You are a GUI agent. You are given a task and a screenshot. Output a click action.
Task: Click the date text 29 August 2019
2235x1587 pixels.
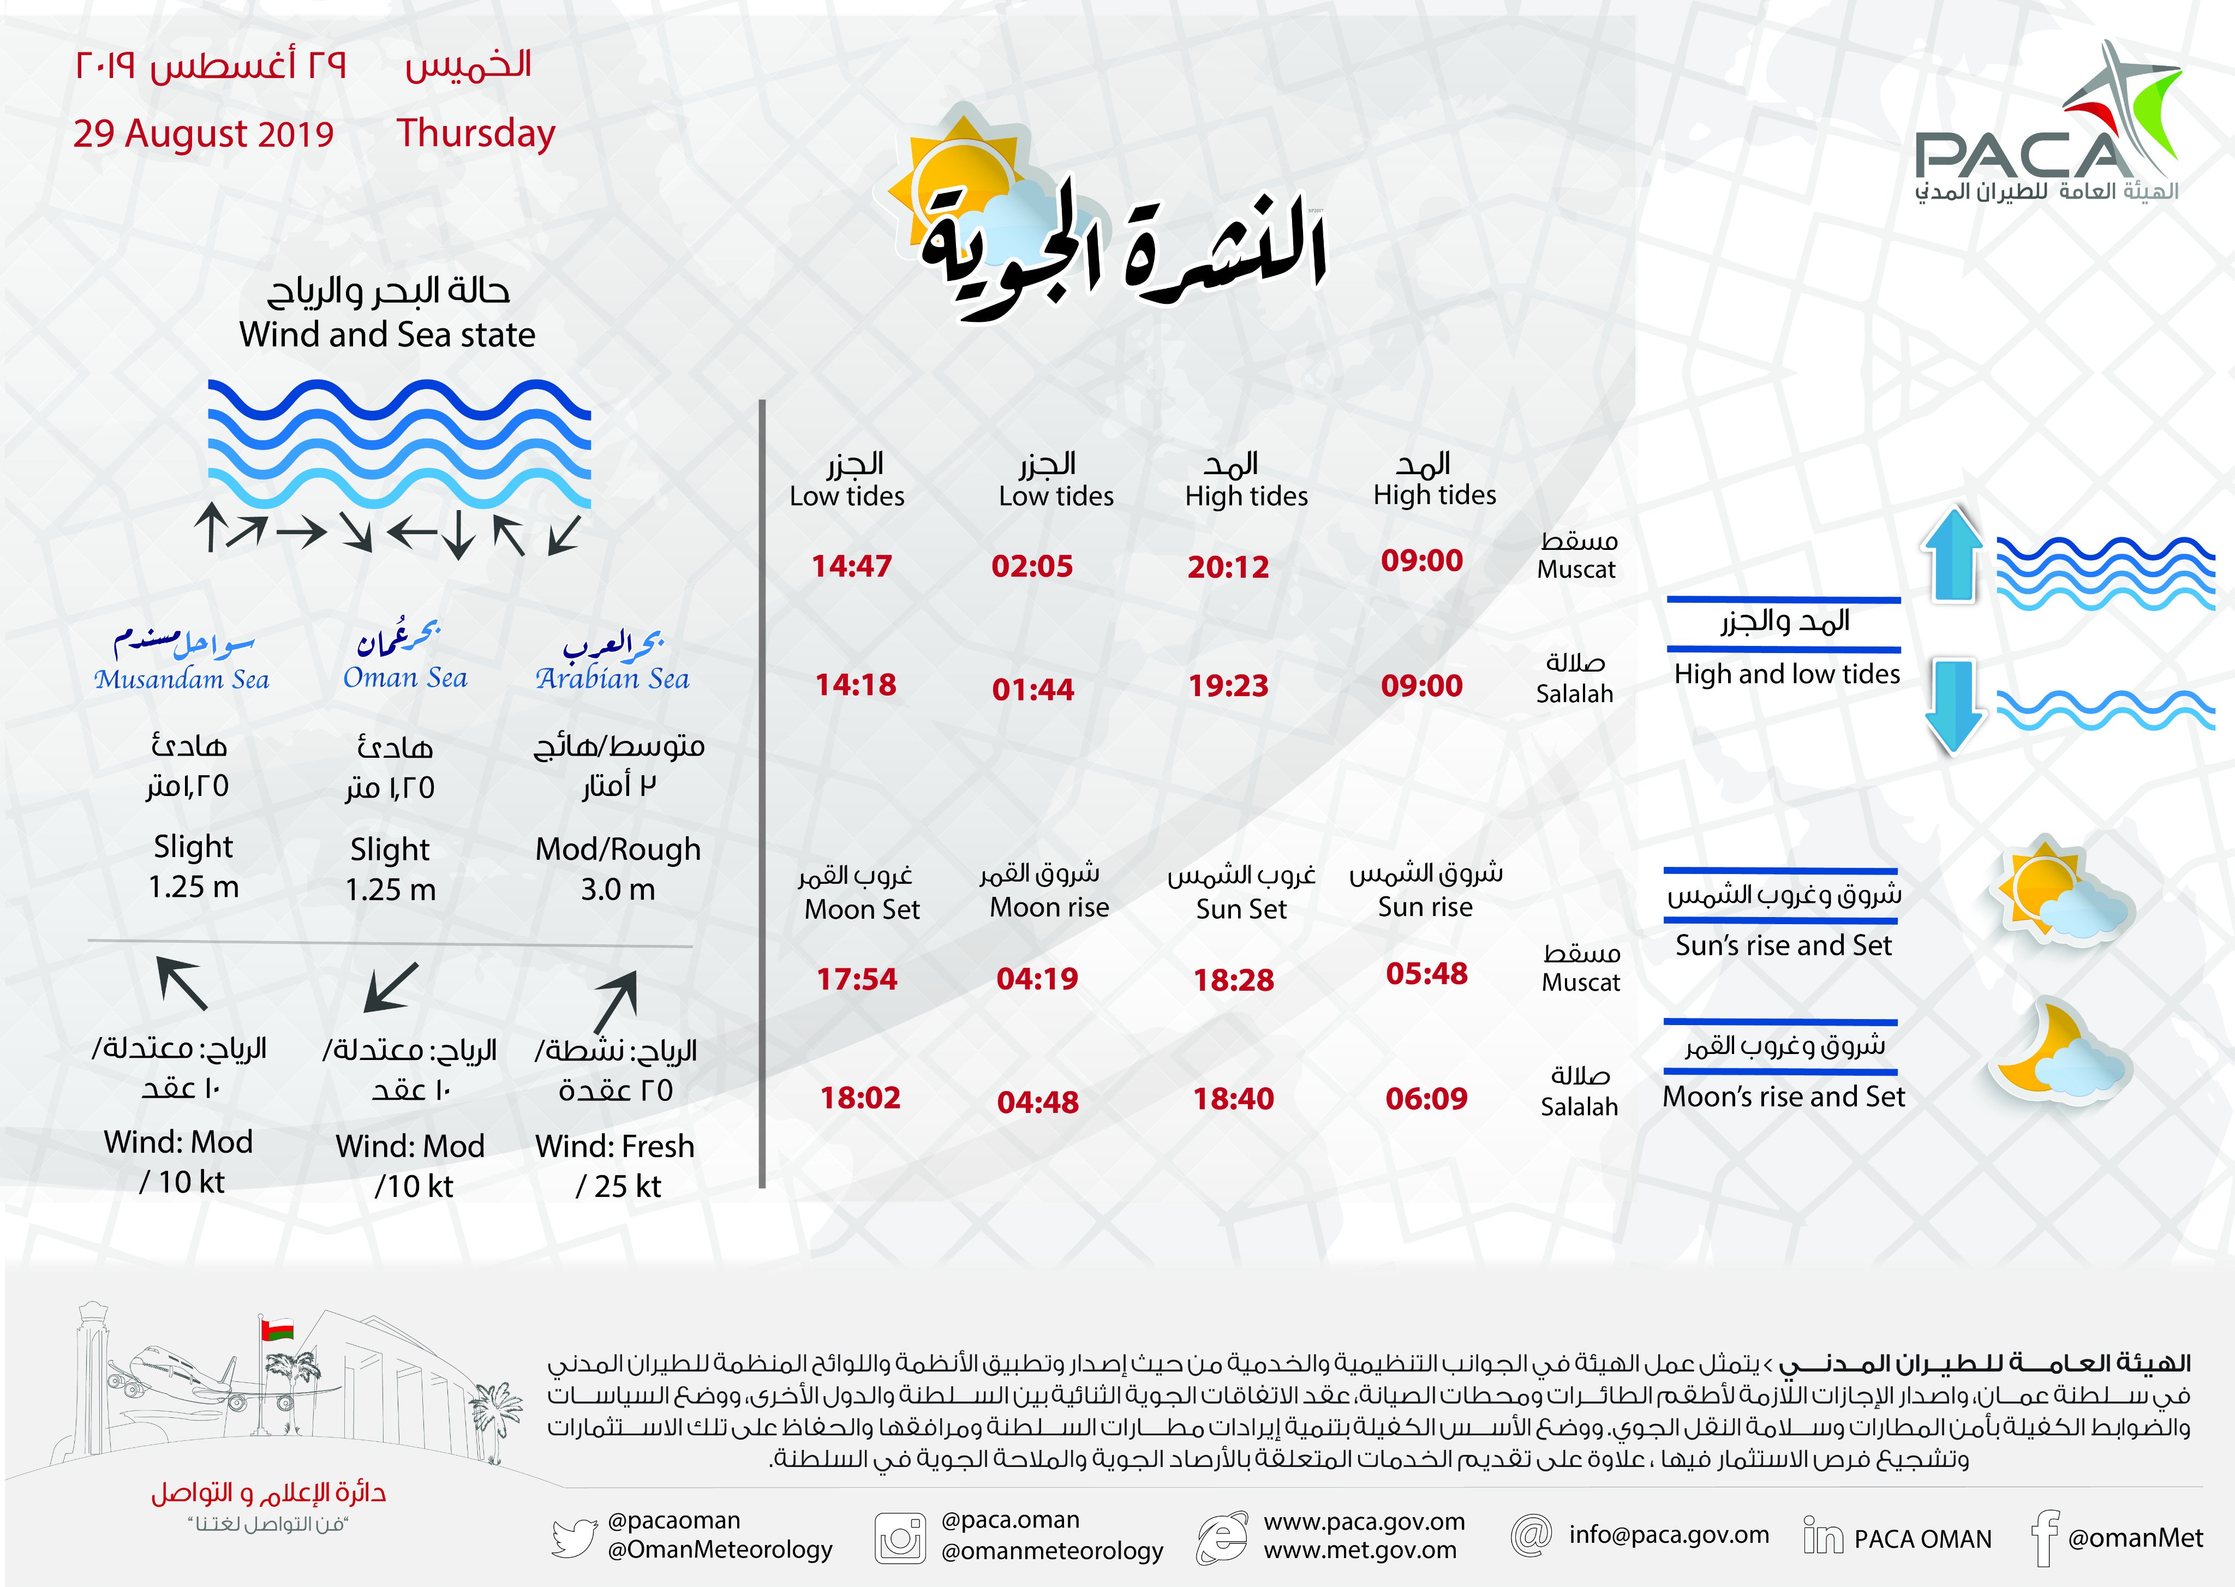204,134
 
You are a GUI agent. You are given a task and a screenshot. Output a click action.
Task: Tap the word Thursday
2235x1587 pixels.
476,133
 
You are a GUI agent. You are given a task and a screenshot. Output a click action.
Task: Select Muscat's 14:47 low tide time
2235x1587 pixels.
851,566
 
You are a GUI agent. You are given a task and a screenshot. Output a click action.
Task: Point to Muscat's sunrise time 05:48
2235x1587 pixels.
1426,973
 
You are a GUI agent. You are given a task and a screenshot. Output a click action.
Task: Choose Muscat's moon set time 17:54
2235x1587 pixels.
856,978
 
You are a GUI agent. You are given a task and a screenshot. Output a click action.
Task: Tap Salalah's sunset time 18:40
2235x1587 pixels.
1233,1098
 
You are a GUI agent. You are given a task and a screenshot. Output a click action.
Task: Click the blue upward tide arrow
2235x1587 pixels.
1951,555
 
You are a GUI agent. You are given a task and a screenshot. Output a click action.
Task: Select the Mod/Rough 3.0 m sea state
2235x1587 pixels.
618,869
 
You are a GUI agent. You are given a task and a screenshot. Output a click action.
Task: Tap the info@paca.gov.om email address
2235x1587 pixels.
1668,1534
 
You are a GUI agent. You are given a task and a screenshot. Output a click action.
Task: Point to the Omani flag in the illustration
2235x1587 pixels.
277,1329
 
